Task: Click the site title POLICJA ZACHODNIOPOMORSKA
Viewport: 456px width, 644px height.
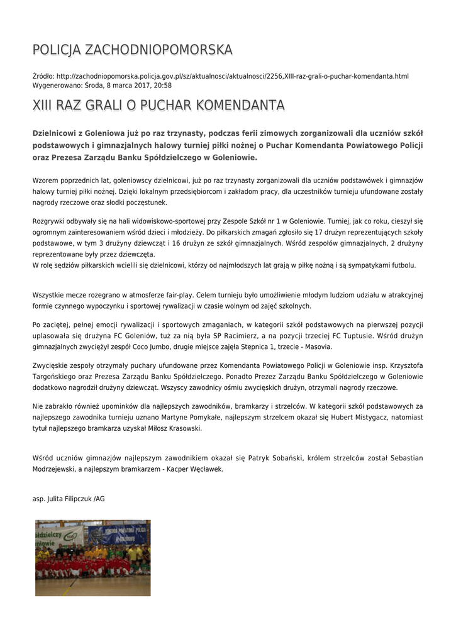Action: [132, 50]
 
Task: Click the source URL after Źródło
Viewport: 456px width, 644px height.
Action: [232, 76]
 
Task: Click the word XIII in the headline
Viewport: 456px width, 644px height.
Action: [42, 104]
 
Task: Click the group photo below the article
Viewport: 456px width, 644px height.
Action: [92, 557]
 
